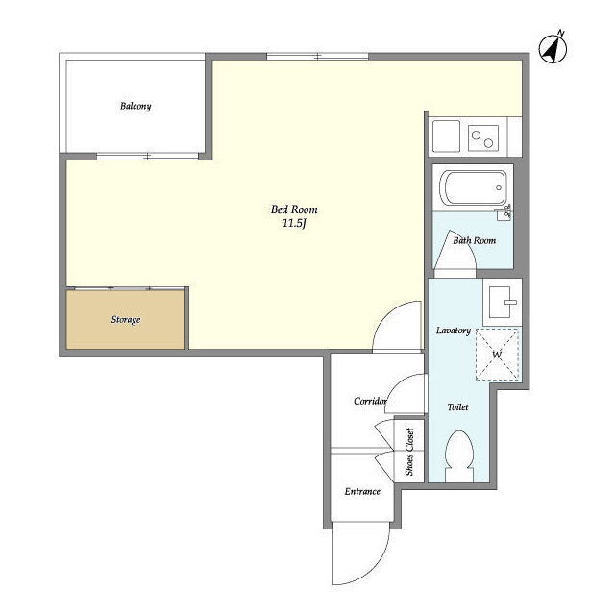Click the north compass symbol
pyautogui.click(x=553, y=49)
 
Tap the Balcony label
pyautogui.click(x=135, y=106)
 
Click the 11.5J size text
pyautogui.click(x=294, y=224)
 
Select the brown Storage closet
pyautogui.click(x=126, y=319)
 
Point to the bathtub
pyautogui.click(x=473, y=188)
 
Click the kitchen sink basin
pyautogui.click(x=446, y=135)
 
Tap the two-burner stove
pyautogui.click(x=483, y=138)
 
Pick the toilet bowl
pyautogui.click(x=459, y=456)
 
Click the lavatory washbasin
pyautogui.click(x=502, y=302)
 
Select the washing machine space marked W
pyautogui.click(x=498, y=355)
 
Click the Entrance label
pyautogui.click(x=362, y=491)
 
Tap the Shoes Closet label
pyautogui.click(x=409, y=452)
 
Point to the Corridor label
pyautogui.click(x=370, y=401)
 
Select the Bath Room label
pyautogui.click(x=474, y=240)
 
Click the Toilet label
pyautogui.click(x=458, y=407)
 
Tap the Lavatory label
pyautogui.click(x=454, y=331)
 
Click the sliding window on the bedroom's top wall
pyautogui.click(x=318, y=57)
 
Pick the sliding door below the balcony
pyautogui.click(x=147, y=156)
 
